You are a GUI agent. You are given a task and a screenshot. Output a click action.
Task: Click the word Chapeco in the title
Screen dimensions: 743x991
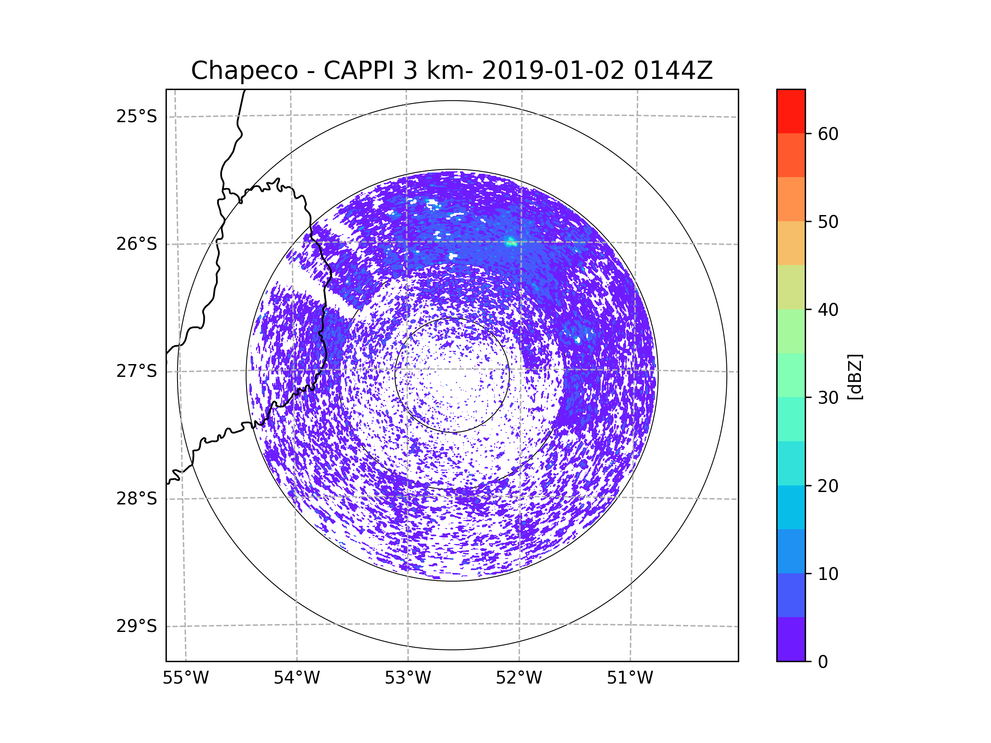[x=244, y=71]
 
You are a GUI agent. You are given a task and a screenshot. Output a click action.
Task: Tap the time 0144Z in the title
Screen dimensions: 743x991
[x=673, y=71]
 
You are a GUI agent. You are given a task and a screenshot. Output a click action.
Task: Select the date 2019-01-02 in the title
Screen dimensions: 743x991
[x=553, y=71]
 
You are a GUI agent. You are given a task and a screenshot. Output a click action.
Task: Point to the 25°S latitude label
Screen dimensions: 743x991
[x=137, y=116]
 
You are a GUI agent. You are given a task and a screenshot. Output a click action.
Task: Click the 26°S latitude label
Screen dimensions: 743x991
[x=137, y=244]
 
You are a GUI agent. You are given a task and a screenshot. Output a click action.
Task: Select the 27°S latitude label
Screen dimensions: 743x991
[x=137, y=371]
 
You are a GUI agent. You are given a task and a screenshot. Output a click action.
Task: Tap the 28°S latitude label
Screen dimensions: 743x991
[x=137, y=499]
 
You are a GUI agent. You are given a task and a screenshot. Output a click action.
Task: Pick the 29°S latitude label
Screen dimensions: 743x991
[x=137, y=626]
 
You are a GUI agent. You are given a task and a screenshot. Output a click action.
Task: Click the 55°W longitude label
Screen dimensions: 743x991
[x=185, y=678]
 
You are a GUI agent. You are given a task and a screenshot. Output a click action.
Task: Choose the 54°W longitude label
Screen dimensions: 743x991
[x=296, y=678]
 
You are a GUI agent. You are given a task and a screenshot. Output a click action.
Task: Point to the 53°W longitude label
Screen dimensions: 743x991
[x=408, y=678]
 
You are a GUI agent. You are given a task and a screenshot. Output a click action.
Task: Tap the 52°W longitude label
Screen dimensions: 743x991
[x=519, y=678]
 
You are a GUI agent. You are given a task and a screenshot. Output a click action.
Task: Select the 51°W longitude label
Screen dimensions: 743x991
[x=630, y=678]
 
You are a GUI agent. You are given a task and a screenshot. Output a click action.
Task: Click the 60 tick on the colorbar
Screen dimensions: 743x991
[x=828, y=134]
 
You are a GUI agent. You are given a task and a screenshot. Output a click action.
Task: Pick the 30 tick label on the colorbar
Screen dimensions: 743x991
[x=828, y=398]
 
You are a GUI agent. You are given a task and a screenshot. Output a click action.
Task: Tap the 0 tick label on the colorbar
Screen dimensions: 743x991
[x=823, y=662]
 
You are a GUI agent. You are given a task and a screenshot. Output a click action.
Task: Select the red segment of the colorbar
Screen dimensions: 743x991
[x=791, y=111]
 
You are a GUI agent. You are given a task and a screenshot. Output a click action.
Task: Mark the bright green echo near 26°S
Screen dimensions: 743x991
[x=510, y=243]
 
